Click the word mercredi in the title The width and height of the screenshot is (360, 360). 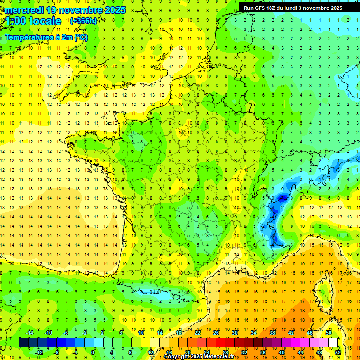pyautogui.click(x=25, y=10)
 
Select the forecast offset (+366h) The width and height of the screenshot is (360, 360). pyautogui.click(x=83, y=21)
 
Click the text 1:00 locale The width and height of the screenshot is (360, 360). pyautogui.click(x=33, y=21)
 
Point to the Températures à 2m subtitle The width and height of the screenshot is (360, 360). pyautogui.click(x=46, y=37)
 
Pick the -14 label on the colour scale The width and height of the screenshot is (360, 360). pyautogui.click(x=30, y=333)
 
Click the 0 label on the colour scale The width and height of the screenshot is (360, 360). pyautogui.click(x=93, y=352)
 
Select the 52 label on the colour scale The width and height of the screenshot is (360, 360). pyautogui.click(x=338, y=352)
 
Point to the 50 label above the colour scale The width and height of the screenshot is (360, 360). pyautogui.click(x=329, y=333)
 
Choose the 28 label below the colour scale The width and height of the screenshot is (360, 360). pyautogui.click(x=225, y=352)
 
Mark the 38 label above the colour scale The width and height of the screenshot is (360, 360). pyautogui.click(x=272, y=333)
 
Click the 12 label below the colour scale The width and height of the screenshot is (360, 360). pyautogui.click(x=150, y=352)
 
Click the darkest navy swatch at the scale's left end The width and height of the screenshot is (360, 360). pyautogui.click(x=23, y=343)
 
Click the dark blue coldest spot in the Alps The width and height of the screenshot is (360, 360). pyautogui.click(x=282, y=198)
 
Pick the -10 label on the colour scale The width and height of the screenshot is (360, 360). pyautogui.click(x=48, y=333)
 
